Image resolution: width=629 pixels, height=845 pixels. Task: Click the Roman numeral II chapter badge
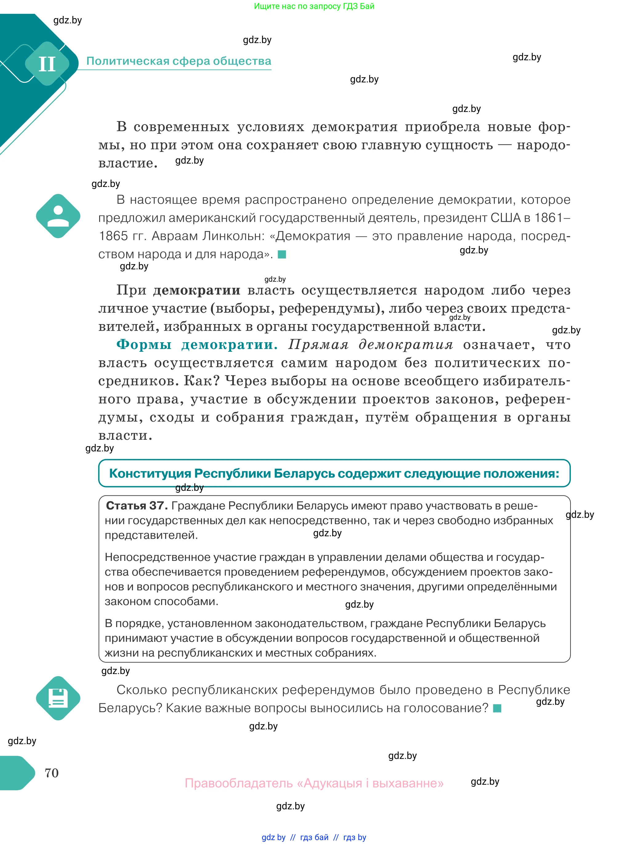click(47, 64)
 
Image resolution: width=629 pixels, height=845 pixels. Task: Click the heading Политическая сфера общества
click(179, 61)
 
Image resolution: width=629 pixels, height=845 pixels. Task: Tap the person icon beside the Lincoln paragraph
click(58, 216)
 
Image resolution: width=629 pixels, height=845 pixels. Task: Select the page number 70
click(51, 773)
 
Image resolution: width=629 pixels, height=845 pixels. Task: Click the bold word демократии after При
click(196, 290)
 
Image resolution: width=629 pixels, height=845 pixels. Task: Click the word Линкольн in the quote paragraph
click(233, 236)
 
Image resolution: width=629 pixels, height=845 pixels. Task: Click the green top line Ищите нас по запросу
click(314, 6)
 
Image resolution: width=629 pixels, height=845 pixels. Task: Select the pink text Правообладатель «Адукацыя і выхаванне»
click(314, 783)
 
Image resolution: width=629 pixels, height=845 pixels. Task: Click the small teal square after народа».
click(282, 254)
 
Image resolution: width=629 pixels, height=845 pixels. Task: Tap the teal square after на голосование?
click(497, 708)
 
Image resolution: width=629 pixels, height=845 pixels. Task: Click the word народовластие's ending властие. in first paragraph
click(127, 163)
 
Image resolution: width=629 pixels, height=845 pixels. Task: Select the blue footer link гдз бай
click(314, 837)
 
